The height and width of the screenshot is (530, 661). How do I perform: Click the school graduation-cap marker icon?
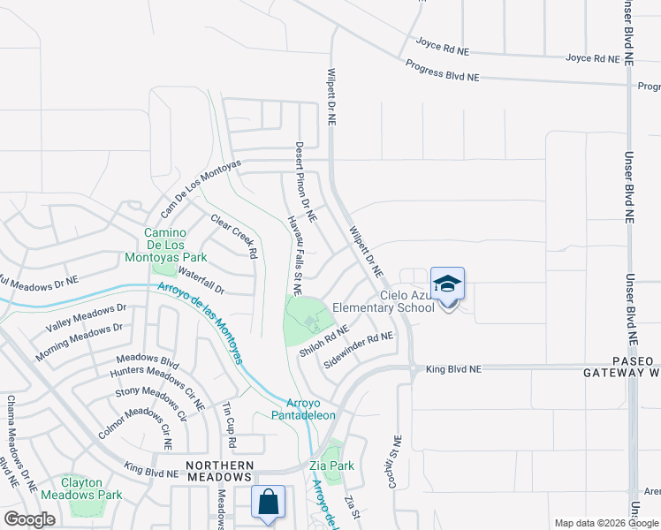(447, 284)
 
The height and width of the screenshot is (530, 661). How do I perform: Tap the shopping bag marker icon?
(268, 503)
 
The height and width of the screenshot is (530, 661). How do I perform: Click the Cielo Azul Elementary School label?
(384, 302)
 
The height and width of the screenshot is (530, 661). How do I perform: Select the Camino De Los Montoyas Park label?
(175, 245)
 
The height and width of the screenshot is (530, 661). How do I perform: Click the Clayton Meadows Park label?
(92, 488)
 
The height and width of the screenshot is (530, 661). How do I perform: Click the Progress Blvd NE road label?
(442, 72)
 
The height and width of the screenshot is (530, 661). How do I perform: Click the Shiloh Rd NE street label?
(325, 342)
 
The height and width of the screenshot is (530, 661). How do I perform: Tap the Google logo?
(29, 519)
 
